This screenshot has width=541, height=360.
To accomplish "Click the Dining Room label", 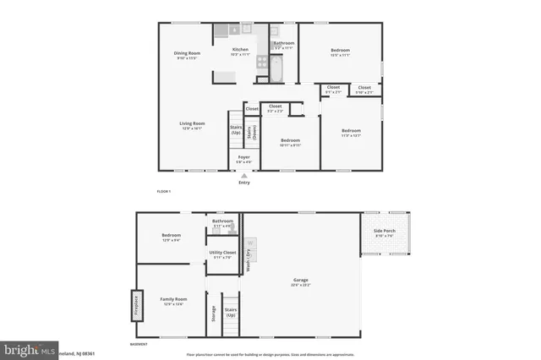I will point(186,55).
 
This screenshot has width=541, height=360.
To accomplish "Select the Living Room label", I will point(192,125).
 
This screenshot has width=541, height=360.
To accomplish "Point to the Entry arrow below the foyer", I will point(243,176).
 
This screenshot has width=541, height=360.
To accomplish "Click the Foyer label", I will point(243,158).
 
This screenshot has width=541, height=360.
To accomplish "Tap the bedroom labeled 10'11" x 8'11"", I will point(290,142).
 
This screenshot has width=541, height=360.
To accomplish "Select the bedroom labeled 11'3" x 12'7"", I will point(351,133).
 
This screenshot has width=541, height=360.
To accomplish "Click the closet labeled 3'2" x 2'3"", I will point(276,107).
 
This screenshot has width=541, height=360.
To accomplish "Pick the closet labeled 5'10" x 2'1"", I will point(364,90).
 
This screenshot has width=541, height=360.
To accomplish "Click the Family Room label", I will point(174,301).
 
